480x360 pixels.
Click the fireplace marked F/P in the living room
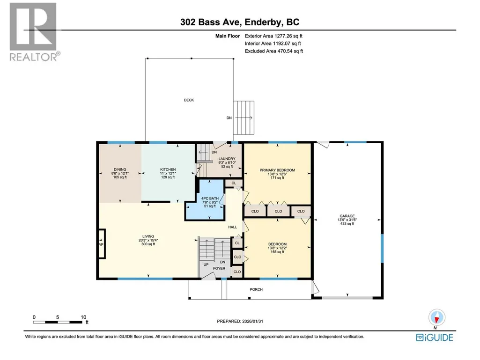coord(102,244)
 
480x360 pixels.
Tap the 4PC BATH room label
coord(210,198)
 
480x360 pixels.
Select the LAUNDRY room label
coord(227,159)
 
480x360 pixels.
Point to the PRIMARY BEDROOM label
coord(277,170)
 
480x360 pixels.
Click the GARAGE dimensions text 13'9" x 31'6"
coord(347,220)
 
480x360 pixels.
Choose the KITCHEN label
coord(168,169)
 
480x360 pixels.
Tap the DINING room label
coord(120,169)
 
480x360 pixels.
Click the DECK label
coord(189,100)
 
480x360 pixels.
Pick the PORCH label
coord(256,289)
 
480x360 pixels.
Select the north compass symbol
coord(437,317)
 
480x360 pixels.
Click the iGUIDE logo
coord(435,338)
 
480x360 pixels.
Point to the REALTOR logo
coord(34,32)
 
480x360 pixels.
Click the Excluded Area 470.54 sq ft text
coord(274,51)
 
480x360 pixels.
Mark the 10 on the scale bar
coord(83,317)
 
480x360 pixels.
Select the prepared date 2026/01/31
coord(252,321)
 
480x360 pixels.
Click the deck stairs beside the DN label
coord(244,118)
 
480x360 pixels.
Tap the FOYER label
coord(219,268)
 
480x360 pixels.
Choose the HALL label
coord(233,227)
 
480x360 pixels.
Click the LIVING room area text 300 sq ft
coord(148,244)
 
